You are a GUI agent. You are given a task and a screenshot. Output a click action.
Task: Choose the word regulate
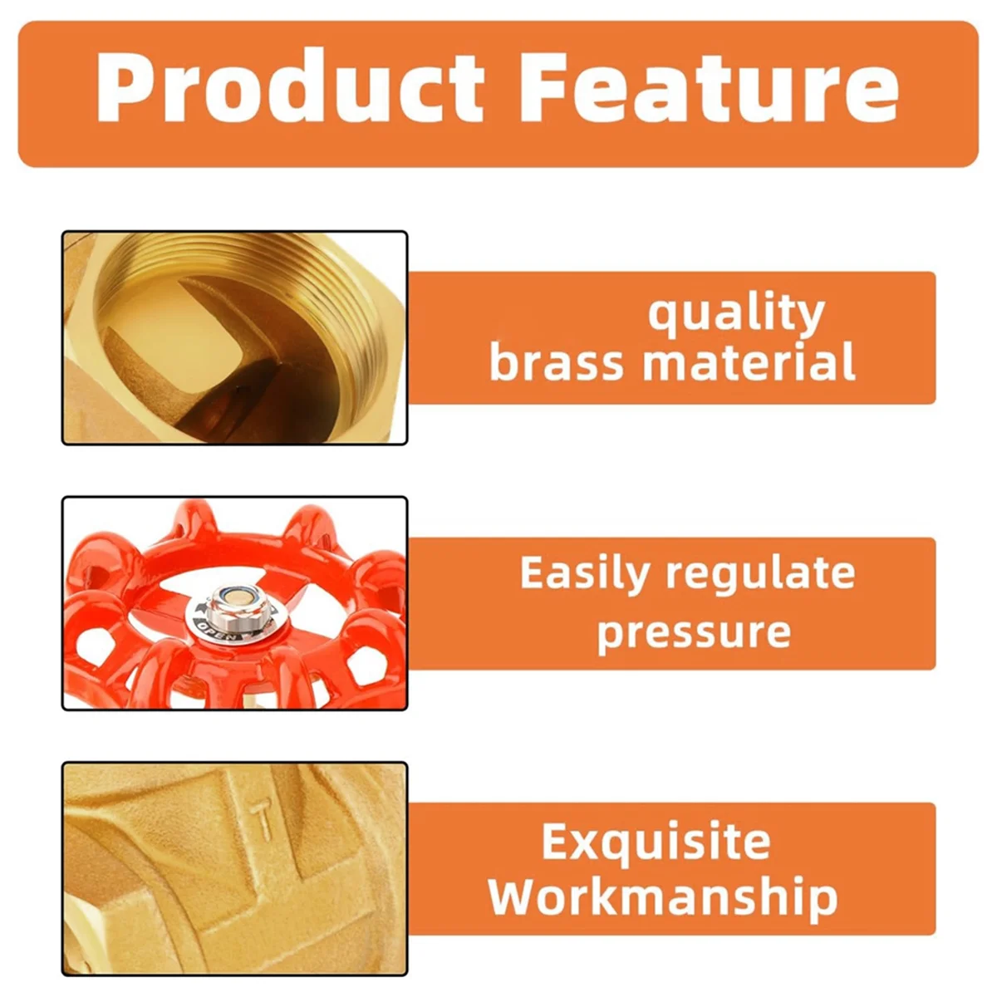pyautogui.click(x=760, y=575)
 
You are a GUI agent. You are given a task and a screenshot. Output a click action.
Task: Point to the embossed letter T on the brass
pyautogui.click(x=263, y=821)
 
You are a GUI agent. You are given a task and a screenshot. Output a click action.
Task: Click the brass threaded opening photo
pyautogui.click(x=235, y=338)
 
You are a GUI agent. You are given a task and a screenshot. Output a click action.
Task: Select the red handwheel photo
pyautogui.click(x=235, y=603)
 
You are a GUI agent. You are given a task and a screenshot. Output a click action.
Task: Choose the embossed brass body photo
pyautogui.click(x=235, y=869)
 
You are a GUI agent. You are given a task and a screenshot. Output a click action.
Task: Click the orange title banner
pyautogui.click(x=498, y=94)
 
